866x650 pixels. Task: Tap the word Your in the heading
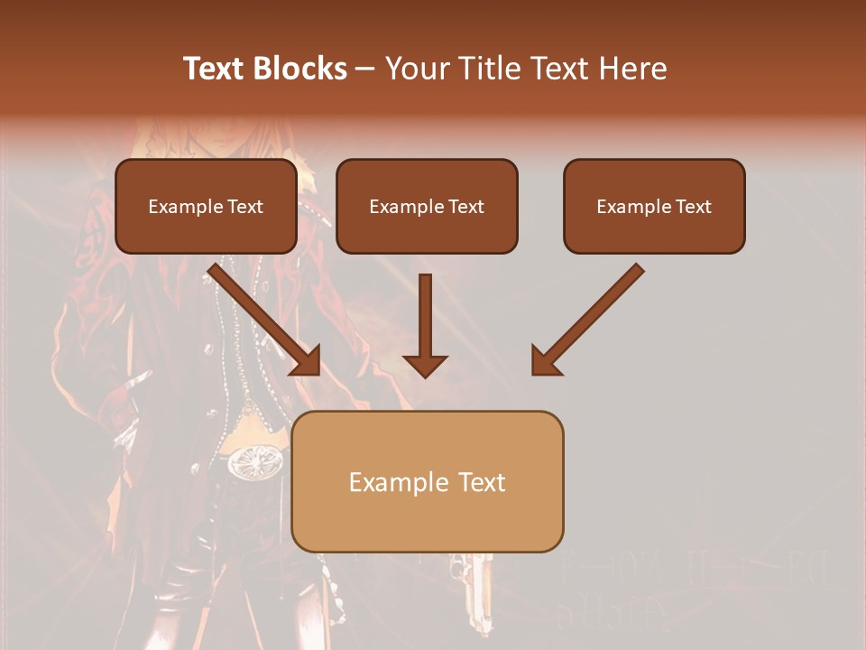[x=418, y=69]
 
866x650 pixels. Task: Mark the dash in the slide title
[x=365, y=69]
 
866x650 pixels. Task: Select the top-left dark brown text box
[x=206, y=206]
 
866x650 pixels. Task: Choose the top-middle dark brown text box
[x=427, y=206]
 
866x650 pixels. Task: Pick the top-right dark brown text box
[x=654, y=206]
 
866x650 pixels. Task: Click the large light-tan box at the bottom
[x=428, y=481]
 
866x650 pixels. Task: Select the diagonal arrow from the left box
[x=267, y=320]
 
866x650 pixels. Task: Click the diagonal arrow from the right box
[x=586, y=320]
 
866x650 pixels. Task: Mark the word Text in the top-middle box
[x=466, y=207]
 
